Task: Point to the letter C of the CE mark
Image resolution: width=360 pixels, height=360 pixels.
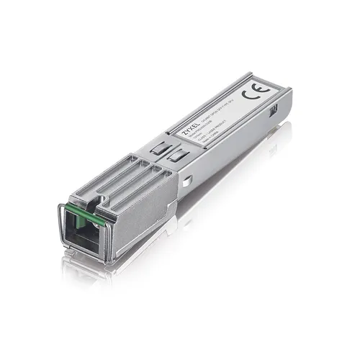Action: coord(248,94)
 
